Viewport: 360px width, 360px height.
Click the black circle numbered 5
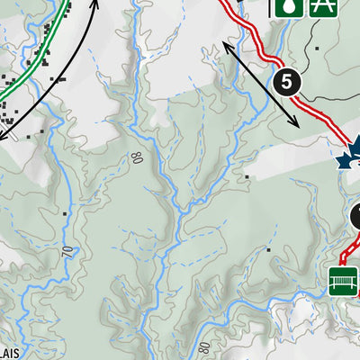pos(286,82)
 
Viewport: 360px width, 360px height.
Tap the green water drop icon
pos(286,6)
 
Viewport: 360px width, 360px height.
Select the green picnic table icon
pos(321,6)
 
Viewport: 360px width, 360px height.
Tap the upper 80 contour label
pos(138,158)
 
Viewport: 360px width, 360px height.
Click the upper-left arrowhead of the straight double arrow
pos(222,43)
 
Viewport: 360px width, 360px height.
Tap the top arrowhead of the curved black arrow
pos(95,3)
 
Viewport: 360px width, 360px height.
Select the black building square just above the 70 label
pos(65,213)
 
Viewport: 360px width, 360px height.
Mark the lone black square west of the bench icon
pos(267,249)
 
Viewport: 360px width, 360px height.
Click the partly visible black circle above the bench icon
pos(355,217)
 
